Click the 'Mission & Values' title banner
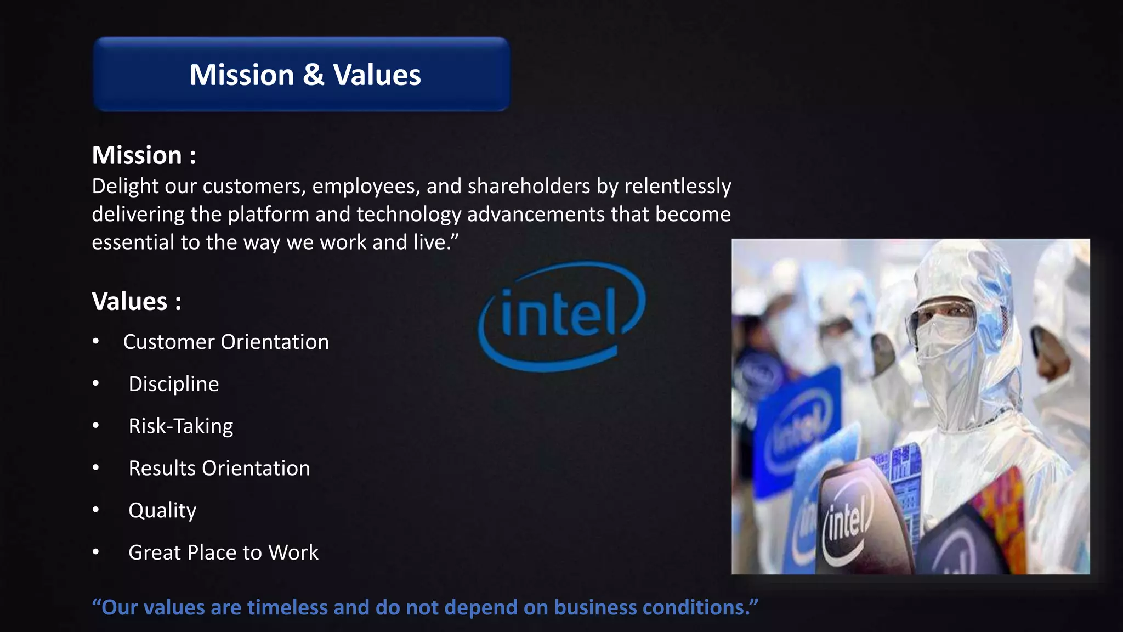pyautogui.click(x=302, y=75)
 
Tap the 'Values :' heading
pyautogui.click(x=137, y=301)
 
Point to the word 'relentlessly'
pyautogui.click(x=678, y=187)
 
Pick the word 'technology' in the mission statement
pyautogui.click(x=409, y=215)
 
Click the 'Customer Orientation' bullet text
pyautogui.click(x=226, y=342)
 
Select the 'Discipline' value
pyautogui.click(x=173, y=384)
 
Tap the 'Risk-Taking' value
pyautogui.click(x=180, y=426)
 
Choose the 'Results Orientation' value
pyautogui.click(x=219, y=469)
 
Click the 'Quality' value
pyautogui.click(x=162, y=511)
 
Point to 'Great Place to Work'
pyautogui.click(x=223, y=552)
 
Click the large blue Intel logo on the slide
pyautogui.click(x=561, y=316)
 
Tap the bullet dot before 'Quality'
pyautogui.click(x=96, y=510)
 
